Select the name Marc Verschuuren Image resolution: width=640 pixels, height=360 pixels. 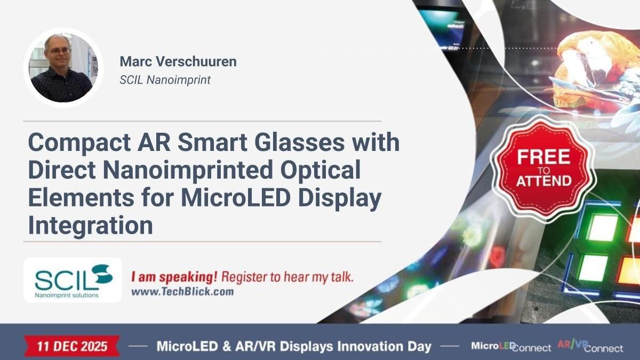[x=178, y=61]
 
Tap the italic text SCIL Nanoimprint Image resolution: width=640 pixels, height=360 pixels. [x=165, y=80]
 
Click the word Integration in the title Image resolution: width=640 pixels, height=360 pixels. [x=90, y=225]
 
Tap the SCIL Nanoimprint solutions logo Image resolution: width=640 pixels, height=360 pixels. [x=73, y=279]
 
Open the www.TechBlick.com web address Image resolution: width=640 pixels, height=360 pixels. [x=182, y=292]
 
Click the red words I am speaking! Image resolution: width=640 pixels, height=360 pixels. [x=173, y=277]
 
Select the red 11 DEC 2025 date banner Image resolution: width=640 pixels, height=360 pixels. [x=72, y=346]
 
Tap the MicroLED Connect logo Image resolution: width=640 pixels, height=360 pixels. [x=510, y=347]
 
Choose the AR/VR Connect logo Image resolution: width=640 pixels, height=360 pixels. [x=590, y=347]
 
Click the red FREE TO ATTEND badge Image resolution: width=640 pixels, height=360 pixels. [x=543, y=167]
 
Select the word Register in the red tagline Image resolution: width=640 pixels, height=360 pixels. [x=244, y=277]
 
